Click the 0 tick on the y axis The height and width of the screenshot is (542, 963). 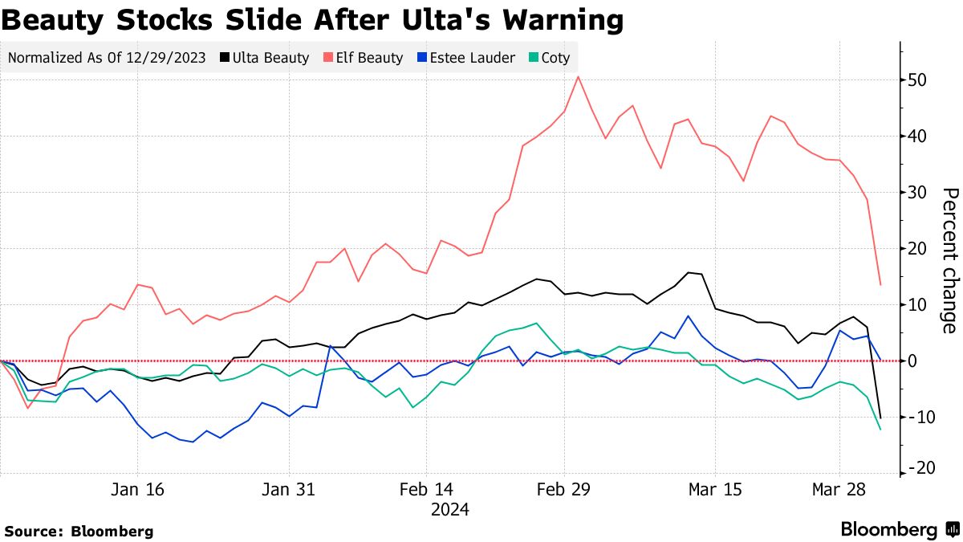click(x=913, y=361)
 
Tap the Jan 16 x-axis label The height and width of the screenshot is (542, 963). click(x=138, y=490)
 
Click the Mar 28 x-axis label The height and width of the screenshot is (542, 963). click(x=839, y=490)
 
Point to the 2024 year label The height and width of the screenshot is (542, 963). click(x=449, y=510)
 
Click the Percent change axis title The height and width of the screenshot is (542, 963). click(x=949, y=261)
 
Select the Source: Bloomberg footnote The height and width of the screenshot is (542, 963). click(x=79, y=531)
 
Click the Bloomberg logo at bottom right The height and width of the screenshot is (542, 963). click(x=899, y=529)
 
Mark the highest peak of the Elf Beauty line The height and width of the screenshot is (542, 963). click(x=578, y=77)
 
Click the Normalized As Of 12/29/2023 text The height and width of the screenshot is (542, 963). click(x=107, y=58)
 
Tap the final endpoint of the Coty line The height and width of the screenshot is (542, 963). click(x=880, y=430)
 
